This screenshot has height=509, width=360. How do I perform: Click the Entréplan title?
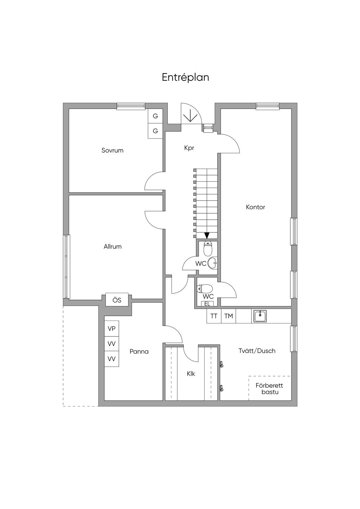click(x=186, y=77)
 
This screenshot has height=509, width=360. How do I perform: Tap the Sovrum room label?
click(x=112, y=150)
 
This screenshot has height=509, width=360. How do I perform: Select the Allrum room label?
click(x=113, y=246)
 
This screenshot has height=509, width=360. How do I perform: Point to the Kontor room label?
click(x=256, y=207)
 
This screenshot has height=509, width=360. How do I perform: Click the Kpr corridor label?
click(x=189, y=148)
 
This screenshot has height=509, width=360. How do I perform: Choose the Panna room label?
click(x=139, y=352)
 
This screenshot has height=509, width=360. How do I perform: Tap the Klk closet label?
click(x=191, y=374)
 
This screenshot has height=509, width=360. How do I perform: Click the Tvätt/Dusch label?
click(x=257, y=350)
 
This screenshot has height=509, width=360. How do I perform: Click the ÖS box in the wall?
click(x=117, y=300)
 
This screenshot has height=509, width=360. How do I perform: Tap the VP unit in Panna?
click(x=111, y=329)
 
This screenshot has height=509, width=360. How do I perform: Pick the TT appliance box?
click(x=214, y=316)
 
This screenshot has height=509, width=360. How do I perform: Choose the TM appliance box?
click(x=229, y=316)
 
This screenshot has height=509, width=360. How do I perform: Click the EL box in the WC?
click(x=207, y=304)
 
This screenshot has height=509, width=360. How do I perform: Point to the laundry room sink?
click(x=260, y=316)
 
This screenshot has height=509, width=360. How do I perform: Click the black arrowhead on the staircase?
click(x=207, y=235)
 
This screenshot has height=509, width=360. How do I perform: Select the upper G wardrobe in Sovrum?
click(x=155, y=116)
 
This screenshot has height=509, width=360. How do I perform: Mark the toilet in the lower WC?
click(x=205, y=289)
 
